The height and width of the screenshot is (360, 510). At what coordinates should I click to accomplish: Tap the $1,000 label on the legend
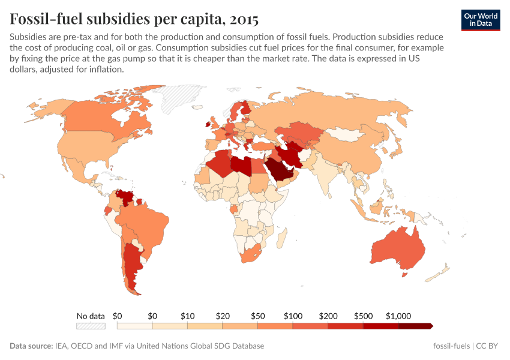coord(398,316)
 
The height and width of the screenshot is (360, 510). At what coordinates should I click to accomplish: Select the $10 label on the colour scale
coord(188,316)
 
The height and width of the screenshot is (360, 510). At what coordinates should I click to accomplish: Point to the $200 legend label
coord(328,316)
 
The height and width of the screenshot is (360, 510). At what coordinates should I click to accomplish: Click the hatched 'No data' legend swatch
coord(91,326)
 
